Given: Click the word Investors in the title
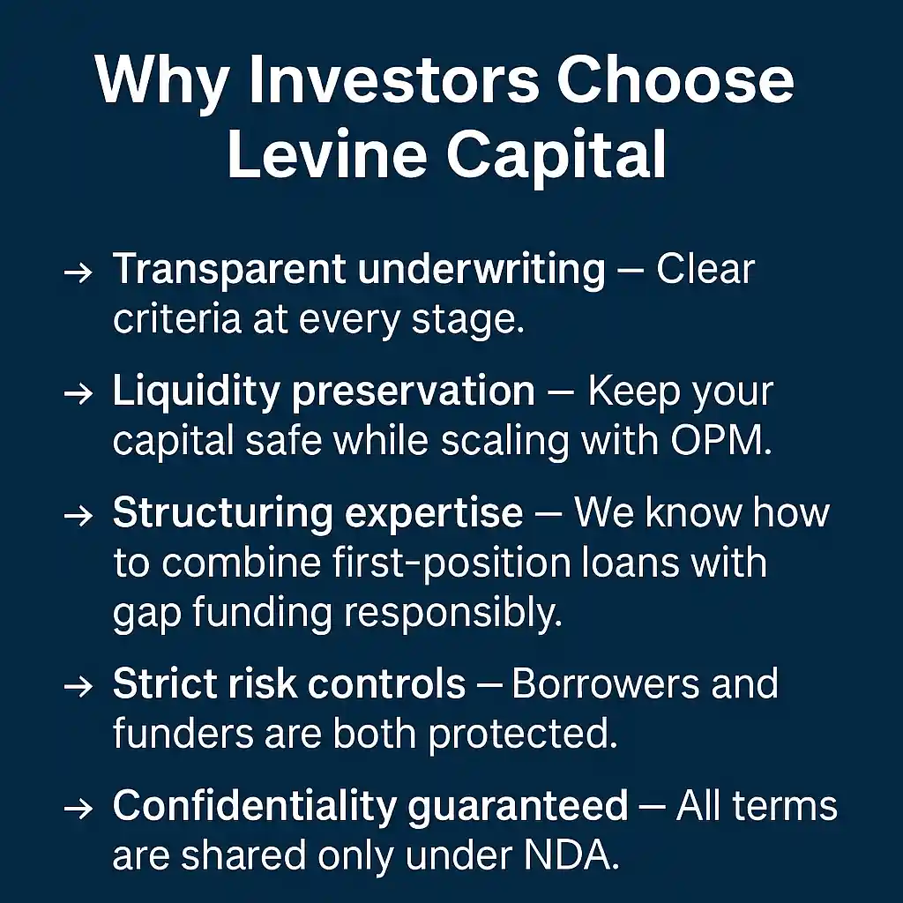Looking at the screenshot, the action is coord(393,79).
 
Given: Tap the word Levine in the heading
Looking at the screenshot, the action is coord(327,153).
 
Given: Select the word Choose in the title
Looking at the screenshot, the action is coord(675,79).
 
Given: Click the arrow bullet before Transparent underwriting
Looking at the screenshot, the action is coord(78,272).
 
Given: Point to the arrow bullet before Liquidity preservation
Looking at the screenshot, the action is coord(78,393).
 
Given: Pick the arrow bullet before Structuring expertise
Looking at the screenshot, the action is coord(78,515).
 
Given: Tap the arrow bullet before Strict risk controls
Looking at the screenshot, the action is coord(78,686).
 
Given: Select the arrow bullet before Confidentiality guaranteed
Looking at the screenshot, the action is coord(78,808).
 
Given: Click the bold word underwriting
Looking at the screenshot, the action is coord(481,271).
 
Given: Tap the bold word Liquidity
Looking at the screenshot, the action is coord(196,392).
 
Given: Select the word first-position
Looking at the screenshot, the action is coord(452,563).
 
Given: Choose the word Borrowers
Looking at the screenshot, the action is coord(606,683).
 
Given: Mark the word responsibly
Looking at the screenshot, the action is coord(452,614).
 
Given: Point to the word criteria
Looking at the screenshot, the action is coord(176,319).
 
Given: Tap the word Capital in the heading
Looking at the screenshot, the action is coord(556,155).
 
